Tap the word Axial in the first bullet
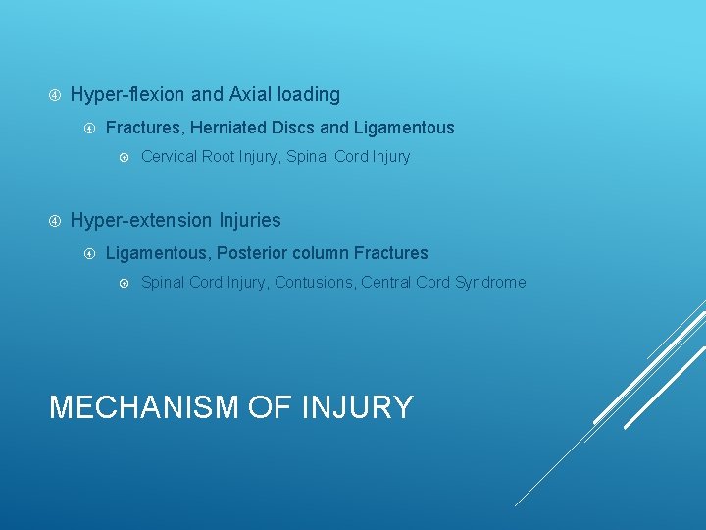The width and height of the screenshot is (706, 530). (x=252, y=95)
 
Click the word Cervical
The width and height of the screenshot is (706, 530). (x=170, y=157)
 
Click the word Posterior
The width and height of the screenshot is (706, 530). (x=251, y=253)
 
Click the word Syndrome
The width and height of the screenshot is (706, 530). (x=490, y=283)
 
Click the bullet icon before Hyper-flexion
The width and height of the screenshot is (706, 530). (x=55, y=95)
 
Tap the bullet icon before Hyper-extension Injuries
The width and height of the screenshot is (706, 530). (x=55, y=221)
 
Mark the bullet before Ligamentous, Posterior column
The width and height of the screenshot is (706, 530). (x=89, y=253)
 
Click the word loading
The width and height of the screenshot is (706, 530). (x=309, y=95)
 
